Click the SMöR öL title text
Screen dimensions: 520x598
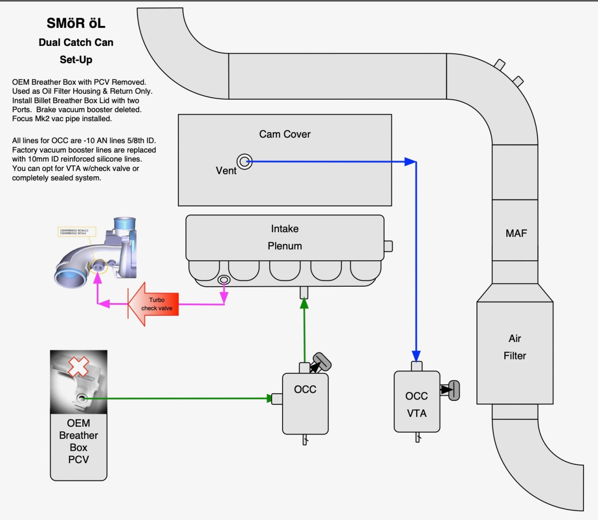point(76,23)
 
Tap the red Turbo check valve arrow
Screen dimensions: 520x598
point(153,304)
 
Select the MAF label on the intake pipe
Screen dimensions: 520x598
point(516,233)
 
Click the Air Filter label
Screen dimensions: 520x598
point(515,347)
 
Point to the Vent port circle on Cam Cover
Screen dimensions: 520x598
point(244,162)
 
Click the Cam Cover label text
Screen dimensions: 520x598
point(285,134)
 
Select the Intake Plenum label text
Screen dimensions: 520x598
point(285,237)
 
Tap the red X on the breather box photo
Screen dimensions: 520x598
point(78,366)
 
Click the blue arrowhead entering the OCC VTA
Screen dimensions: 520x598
point(416,356)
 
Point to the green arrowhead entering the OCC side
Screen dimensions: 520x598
point(269,398)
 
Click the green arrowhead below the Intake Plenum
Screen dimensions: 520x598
point(304,303)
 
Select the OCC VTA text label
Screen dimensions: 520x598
point(417,405)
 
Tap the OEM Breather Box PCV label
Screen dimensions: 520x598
point(78,441)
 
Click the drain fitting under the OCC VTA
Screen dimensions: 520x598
point(418,437)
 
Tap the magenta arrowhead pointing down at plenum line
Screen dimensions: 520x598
point(224,297)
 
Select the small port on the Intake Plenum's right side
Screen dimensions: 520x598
point(388,246)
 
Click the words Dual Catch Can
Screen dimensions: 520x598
point(76,42)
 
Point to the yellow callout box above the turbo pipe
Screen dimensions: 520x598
point(77,232)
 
